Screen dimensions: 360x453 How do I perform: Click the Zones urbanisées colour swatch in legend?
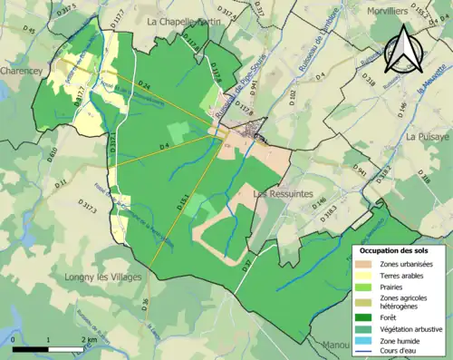[x=365, y=265]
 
